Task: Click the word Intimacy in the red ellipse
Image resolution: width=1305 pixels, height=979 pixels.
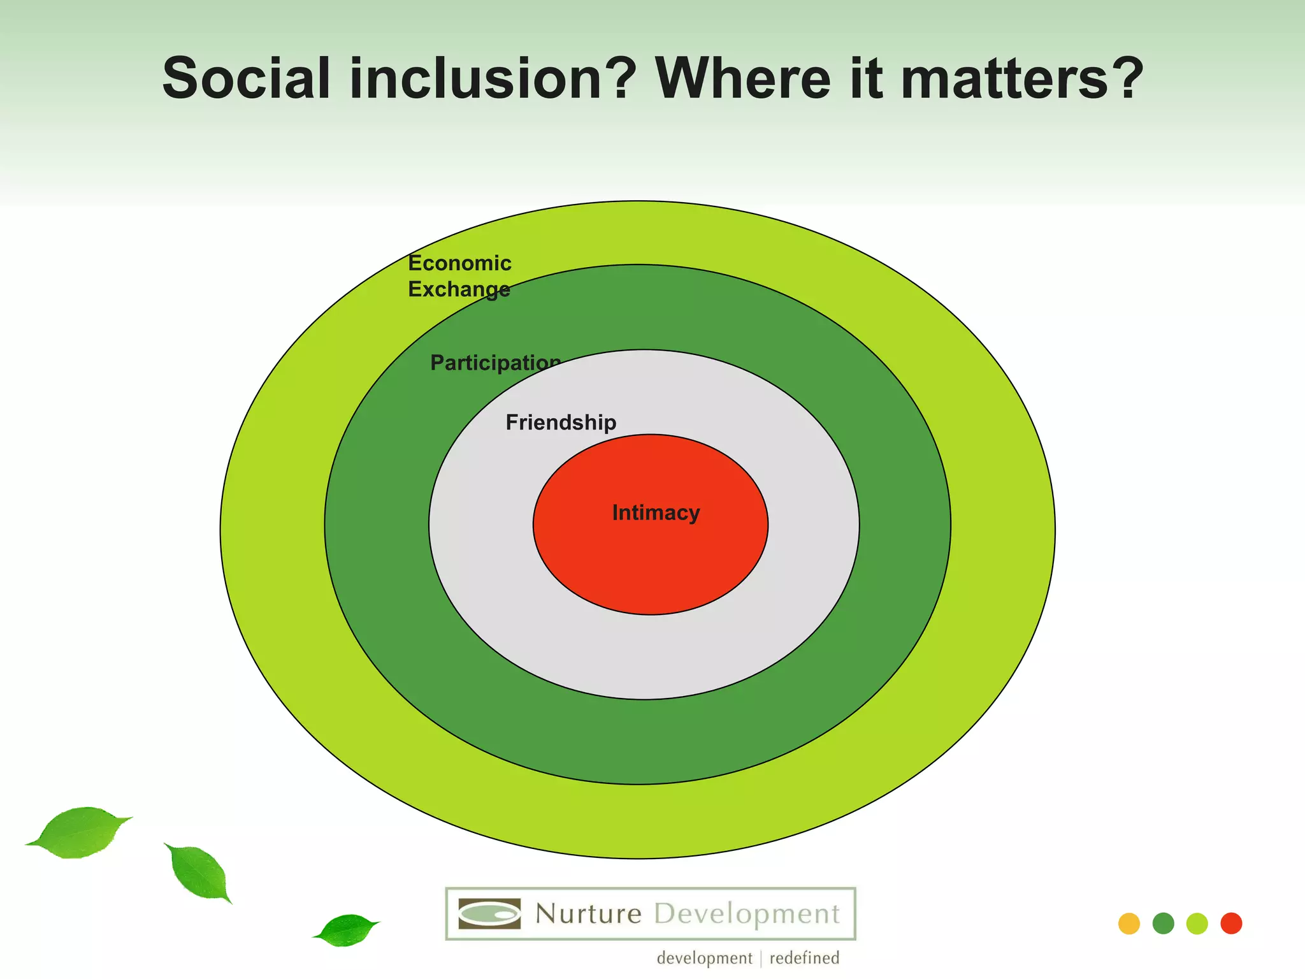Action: tap(656, 513)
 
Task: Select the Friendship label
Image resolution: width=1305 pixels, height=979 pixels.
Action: tap(561, 423)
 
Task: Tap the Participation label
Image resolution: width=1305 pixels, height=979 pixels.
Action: tap(495, 363)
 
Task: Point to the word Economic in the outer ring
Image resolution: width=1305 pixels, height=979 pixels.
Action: tap(459, 263)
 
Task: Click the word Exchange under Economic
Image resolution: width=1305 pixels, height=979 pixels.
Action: tap(459, 289)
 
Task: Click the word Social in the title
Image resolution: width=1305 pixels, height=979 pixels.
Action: tap(247, 78)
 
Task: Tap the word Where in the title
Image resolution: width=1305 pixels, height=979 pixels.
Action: tap(743, 78)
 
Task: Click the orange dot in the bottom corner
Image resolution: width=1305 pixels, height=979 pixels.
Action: tap(1128, 924)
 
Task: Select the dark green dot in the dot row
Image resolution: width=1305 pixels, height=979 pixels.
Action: tap(1163, 924)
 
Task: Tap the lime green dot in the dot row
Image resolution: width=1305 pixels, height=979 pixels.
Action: tap(1197, 924)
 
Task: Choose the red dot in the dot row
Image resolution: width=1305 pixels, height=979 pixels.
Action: tap(1231, 924)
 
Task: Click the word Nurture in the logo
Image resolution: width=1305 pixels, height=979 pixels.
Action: tap(588, 914)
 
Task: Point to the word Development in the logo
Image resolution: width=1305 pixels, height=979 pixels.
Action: tap(747, 914)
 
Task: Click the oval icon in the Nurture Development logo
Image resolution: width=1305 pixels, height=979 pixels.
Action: tap(489, 914)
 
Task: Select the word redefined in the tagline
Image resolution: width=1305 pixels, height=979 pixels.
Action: tap(804, 958)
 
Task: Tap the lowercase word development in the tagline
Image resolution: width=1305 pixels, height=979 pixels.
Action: tap(704, 958)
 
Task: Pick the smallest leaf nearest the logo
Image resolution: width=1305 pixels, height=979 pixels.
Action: tap(346, 931)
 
